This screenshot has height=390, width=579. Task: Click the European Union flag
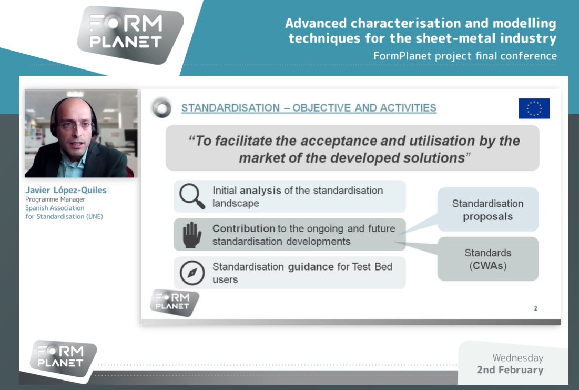(x=534, y=108)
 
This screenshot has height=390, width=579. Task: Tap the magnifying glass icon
(x=191, y=196)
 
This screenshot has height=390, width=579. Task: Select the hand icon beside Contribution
(x=191, y=235)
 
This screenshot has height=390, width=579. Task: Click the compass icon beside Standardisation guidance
(x=191, y=273)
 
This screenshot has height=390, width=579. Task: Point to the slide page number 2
(x=535, y=308)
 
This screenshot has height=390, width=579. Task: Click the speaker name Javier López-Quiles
(x=66, y=190)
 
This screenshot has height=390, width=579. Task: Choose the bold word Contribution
(x=243, y=228)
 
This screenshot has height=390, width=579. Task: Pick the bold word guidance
(x=310, y=266)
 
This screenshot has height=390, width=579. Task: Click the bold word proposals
(x=487, y=216)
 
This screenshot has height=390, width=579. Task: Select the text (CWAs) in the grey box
(x=487, y=266)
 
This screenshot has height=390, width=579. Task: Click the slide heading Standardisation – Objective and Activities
(x=309, y=108)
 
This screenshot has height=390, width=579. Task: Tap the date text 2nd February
(x=510, y=369)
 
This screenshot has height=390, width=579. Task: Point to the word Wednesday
(x=517, y=357)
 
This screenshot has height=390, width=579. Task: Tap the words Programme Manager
(x=55, y=199)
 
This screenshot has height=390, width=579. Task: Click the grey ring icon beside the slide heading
(x=161, y=108)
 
